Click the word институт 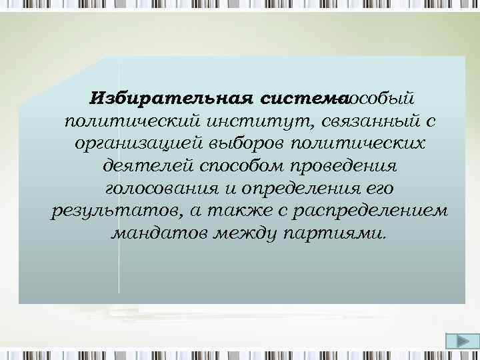click(x=255, y=122)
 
